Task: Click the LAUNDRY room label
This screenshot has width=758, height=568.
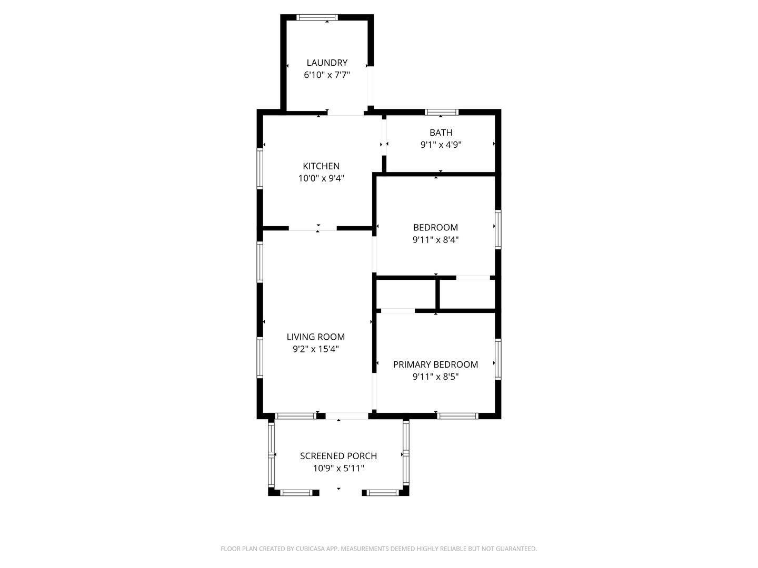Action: click(x=327, y=63)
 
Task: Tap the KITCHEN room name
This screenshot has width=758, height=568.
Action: click(x=321, y=166)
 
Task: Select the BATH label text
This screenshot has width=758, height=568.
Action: click(x=441, y=133)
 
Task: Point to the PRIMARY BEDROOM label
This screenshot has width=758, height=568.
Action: click(x=435, y=364)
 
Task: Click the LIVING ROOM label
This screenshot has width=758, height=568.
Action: click(x=316, y=337)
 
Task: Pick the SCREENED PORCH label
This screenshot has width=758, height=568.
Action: click(x=338, y=456)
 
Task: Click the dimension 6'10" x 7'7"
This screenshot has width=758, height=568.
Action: click(x=327, y=75)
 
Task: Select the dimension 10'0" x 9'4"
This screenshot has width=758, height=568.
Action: click(x=321, y=178)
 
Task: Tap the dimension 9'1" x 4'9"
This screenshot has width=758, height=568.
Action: click(x=441, y=145)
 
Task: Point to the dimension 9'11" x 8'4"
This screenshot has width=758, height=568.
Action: click(x=435, y=240)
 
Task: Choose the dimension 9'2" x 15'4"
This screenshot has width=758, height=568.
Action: click(x=316, y=349)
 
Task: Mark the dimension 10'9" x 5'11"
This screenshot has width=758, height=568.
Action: click(x=338, y=468)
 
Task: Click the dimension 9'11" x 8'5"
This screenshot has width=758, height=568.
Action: click(x=435, y=377)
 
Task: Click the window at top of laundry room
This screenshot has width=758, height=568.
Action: click(x=317, y=17)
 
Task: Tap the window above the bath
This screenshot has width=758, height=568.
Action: click(x=441, y=112)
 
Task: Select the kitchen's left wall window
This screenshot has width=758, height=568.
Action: click(x=260, y=168)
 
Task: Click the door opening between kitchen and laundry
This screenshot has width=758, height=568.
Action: click(x=345, y=113)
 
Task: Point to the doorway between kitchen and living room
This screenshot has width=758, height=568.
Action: click(x=313, y=228)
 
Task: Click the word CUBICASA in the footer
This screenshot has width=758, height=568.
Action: click(x=310, y=549)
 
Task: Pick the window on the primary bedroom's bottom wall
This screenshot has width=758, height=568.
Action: click(x=457, y=416)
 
